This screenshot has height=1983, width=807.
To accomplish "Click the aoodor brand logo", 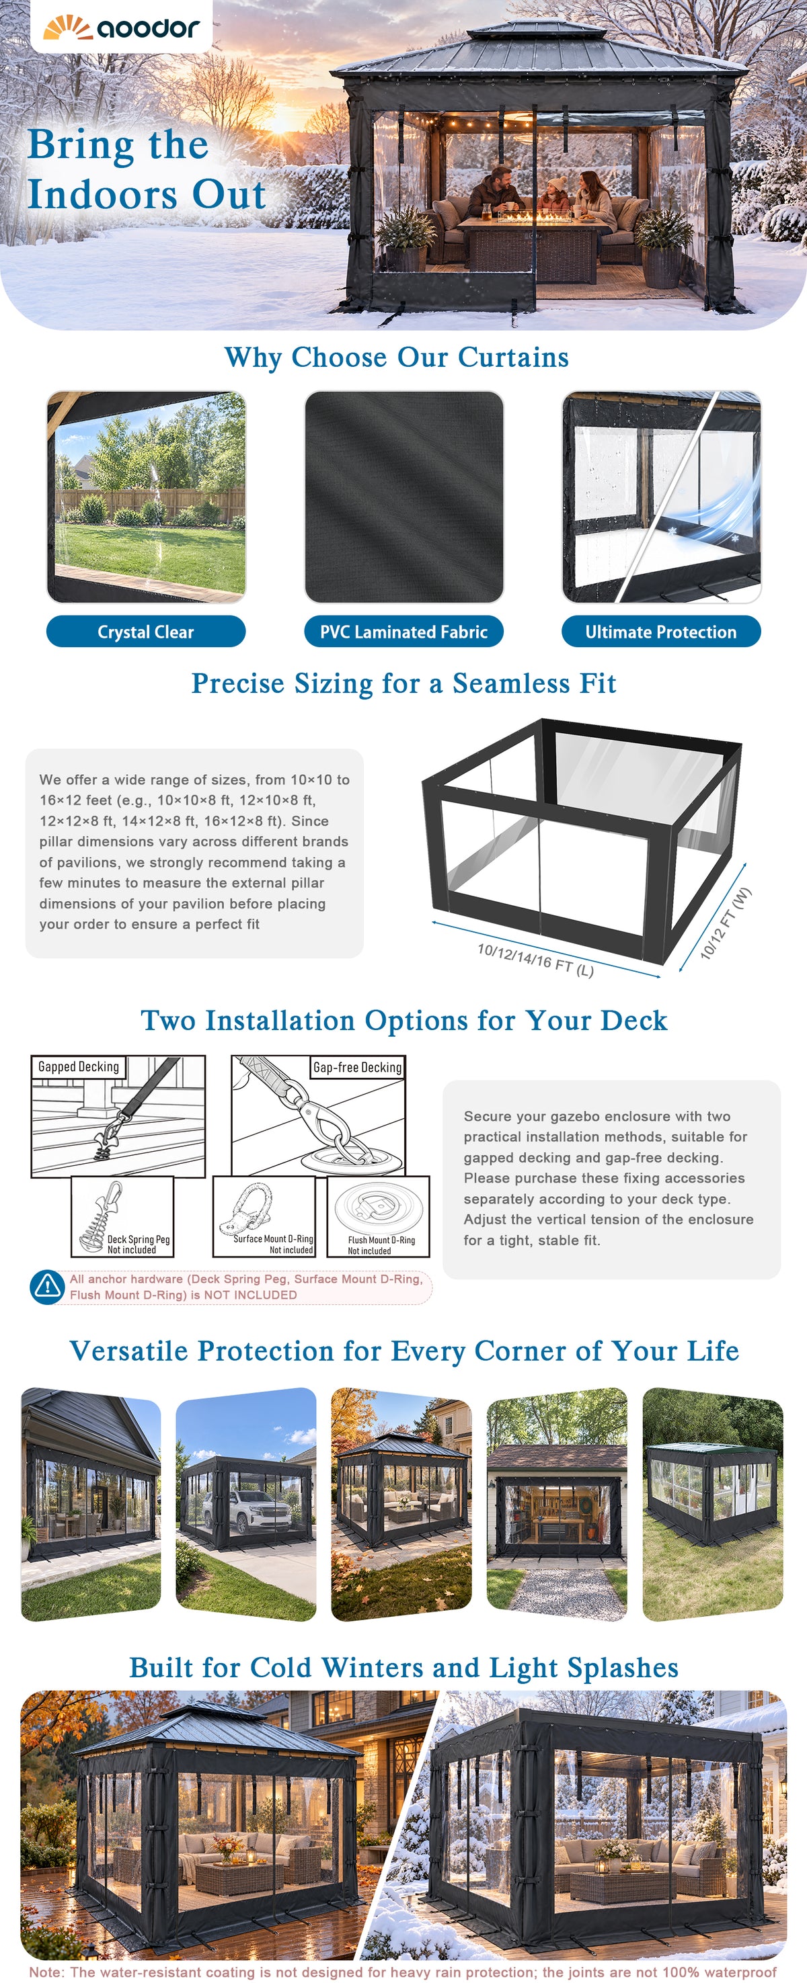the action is (121, 27).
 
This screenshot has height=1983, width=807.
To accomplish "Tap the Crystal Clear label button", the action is (145, 631).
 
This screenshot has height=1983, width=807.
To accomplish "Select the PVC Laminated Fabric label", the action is (403, 631).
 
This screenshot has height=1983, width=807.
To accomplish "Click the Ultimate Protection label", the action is (660, 631).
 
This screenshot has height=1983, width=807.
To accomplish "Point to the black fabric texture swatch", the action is (403, 497).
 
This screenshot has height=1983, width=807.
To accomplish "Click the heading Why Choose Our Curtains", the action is (397, 357).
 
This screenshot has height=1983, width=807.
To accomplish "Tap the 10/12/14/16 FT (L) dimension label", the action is (535, 960).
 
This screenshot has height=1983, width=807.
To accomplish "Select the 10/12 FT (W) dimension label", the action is (726, 923).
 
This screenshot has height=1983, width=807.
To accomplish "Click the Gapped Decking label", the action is (79, 1066).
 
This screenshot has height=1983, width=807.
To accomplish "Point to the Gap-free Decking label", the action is (357, 1067).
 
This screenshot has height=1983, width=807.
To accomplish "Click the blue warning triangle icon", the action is (47, 1286).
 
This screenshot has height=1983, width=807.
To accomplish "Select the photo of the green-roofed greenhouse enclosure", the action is (712, 1504).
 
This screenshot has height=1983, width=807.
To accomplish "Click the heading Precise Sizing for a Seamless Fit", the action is (403, 683).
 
